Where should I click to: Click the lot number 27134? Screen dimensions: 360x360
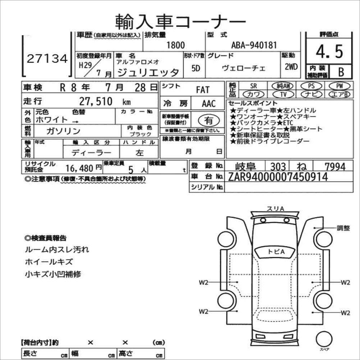[x=47, y=59]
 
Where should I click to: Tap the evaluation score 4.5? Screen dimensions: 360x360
[x=329, y=52]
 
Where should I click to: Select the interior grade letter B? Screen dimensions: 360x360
[x=341, y=72]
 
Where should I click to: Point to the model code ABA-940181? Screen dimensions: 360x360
[x=254, y=45]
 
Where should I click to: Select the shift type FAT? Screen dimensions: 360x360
[x=202, y=89]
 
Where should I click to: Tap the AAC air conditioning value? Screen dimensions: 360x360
[x=209, y=104]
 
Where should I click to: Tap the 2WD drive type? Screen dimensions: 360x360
[x=290, y=67]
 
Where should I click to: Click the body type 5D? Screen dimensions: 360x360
[x=195, y=68]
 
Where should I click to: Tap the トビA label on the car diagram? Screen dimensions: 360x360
[x=276, y=252]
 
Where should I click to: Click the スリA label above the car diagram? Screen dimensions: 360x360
[x=275, y=208]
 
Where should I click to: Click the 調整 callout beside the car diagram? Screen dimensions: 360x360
[x=343, y=228]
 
